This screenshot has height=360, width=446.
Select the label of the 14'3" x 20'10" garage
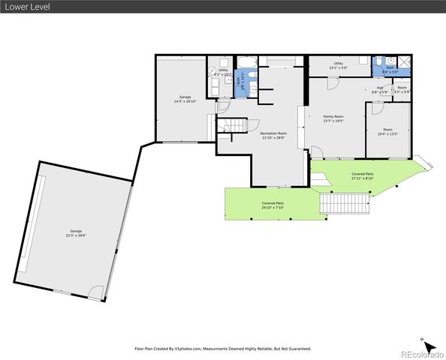(x=185, y=99)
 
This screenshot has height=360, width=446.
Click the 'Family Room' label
(x=333, y=118)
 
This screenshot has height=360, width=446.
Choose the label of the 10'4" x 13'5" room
(x=387, y=132)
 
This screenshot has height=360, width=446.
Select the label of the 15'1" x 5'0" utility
(x=339, y=66)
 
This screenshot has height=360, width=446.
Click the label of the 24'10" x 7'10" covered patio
(x=273, y=205)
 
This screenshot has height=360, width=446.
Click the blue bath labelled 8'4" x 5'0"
(x=390, y=69)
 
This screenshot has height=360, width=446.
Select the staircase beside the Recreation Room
(x=234, y=125)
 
